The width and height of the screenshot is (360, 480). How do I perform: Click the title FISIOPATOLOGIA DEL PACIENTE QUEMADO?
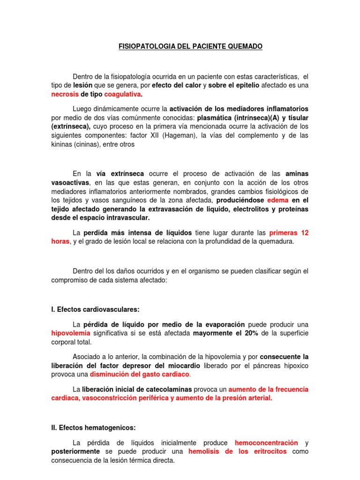pyautogui.click(x=189, y=46)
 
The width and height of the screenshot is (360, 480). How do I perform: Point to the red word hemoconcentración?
pyautogui.click(x=266, y=442)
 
